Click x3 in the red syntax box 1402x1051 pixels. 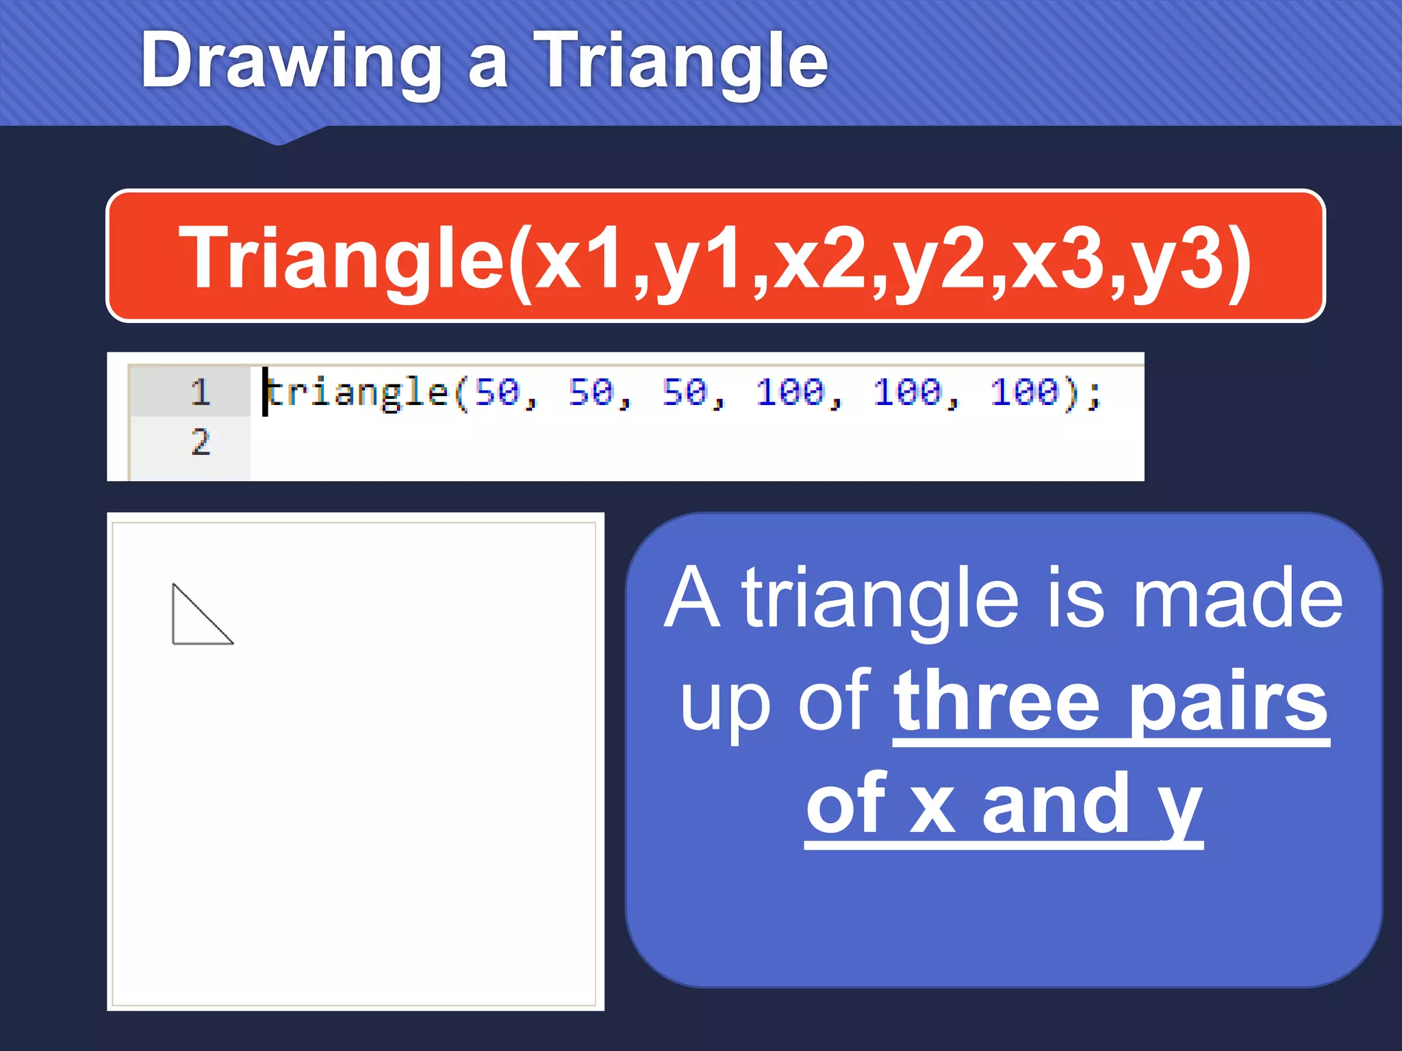click(x=1058, y=259)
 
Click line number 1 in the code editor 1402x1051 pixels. click(x=200, y=392)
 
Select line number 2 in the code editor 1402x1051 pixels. click(x=200, y=441)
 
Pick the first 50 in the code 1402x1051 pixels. click(x=498, y=392)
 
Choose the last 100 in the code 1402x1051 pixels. click(x=1024, y=392)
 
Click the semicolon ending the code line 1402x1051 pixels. click(x=1093, y=393)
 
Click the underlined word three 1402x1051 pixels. click(x=997, y=701)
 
